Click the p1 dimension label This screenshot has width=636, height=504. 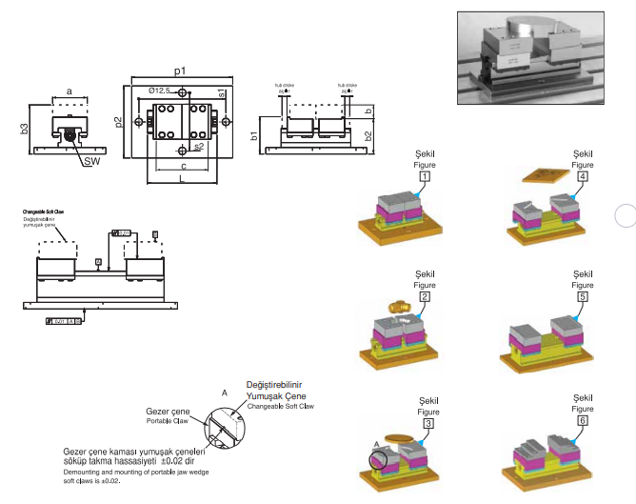tap(179, 71)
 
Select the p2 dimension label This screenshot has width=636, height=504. tap(120, 122)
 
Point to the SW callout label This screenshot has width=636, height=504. tap(91, 162)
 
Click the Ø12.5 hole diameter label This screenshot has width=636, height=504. tap(159, 91)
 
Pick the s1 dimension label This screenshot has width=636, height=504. tap(221, 93)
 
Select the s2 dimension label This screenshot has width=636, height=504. tap(198, 148)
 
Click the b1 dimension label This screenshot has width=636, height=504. tap(253, 134)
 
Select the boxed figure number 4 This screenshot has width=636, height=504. tap(581, 176)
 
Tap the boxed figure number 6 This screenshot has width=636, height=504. tap(581, 420)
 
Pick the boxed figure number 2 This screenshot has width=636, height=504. tap(424, 296)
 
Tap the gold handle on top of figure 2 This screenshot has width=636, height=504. tap(400, 308)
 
